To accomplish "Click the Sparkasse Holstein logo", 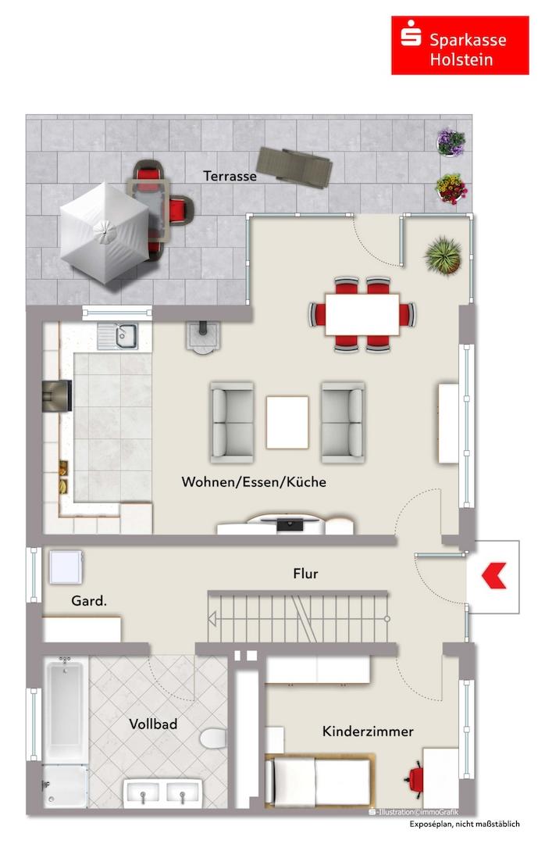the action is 460,45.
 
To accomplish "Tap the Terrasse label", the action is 230,176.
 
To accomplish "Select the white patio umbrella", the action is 104,232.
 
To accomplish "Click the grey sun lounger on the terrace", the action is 294,166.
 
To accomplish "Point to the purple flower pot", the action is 451,143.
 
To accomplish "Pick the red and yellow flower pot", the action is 451,188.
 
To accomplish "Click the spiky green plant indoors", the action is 443,256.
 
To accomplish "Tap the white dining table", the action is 362,314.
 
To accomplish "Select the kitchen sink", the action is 118,336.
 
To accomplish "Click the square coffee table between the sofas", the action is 287,423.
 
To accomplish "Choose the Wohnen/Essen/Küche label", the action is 254,481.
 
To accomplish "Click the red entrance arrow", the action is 494,576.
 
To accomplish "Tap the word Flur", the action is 305,574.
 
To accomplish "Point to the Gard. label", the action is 89,601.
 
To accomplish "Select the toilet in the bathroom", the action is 214,738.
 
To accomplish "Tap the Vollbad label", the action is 153,724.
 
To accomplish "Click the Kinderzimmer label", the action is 368,731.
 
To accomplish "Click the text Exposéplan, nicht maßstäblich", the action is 465,824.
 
